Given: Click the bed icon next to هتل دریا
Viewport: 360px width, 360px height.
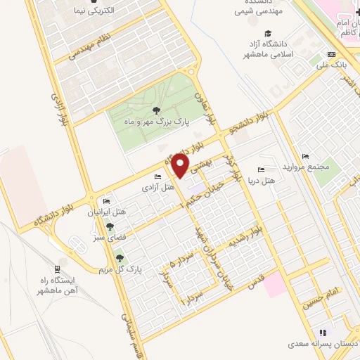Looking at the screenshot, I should coord(261,169).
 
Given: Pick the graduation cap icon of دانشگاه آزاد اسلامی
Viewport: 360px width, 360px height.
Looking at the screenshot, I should coord(267,33).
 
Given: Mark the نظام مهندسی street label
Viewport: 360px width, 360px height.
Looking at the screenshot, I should coord(92,48).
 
